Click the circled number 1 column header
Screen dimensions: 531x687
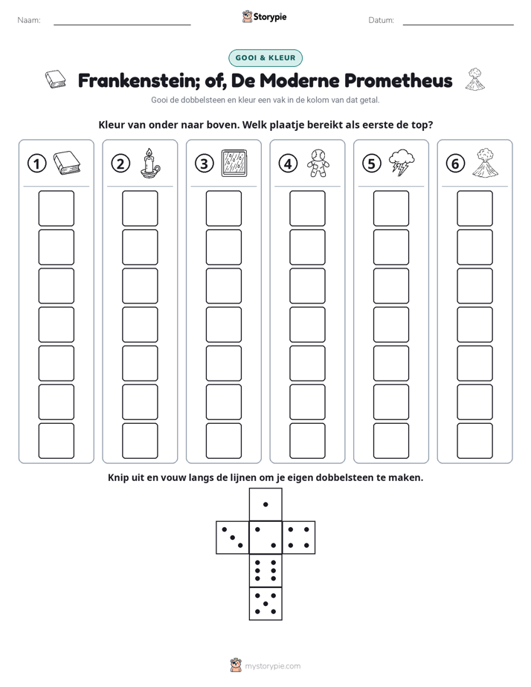coord(36,164)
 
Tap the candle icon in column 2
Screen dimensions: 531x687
coord(150,163)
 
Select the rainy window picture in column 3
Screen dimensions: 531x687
coord(234,163)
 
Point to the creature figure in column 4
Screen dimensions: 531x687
coord(318,163)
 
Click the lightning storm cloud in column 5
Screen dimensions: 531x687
coord(402,163)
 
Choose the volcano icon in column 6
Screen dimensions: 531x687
coord(486,163)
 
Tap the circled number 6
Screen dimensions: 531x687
coord(455,164)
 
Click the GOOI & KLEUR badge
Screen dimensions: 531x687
coord(265,58)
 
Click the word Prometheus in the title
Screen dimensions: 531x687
coord(399,80)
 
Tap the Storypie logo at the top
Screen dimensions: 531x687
coord(265,17)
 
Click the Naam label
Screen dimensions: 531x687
coord(29,20)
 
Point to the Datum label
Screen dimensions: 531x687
coord(382,20)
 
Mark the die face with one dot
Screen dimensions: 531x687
coord(265,504)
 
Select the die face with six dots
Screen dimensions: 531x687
coord(265,570)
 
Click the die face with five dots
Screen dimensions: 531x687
coord(265,603)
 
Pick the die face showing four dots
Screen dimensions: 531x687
coord(299,537)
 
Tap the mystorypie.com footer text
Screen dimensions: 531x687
coord(272,666)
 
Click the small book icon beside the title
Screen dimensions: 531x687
coord(56,80)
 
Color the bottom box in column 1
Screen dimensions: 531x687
coord(56,441)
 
